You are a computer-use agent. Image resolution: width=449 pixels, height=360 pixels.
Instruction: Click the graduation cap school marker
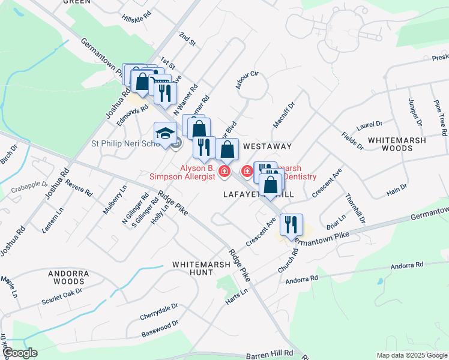(x=166, y=133)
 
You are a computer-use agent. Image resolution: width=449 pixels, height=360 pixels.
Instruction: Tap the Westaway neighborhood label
(x=267, y=146)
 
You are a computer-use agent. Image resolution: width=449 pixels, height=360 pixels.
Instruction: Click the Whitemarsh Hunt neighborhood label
(x=193, y=268)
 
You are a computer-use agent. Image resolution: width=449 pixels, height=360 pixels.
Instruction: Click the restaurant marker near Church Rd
(x=291, y=225)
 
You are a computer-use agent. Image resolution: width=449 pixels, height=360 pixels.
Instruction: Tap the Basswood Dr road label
(x=160, y=328)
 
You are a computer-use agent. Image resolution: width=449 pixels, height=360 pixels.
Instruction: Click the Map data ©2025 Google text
(x=412, y=355)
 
